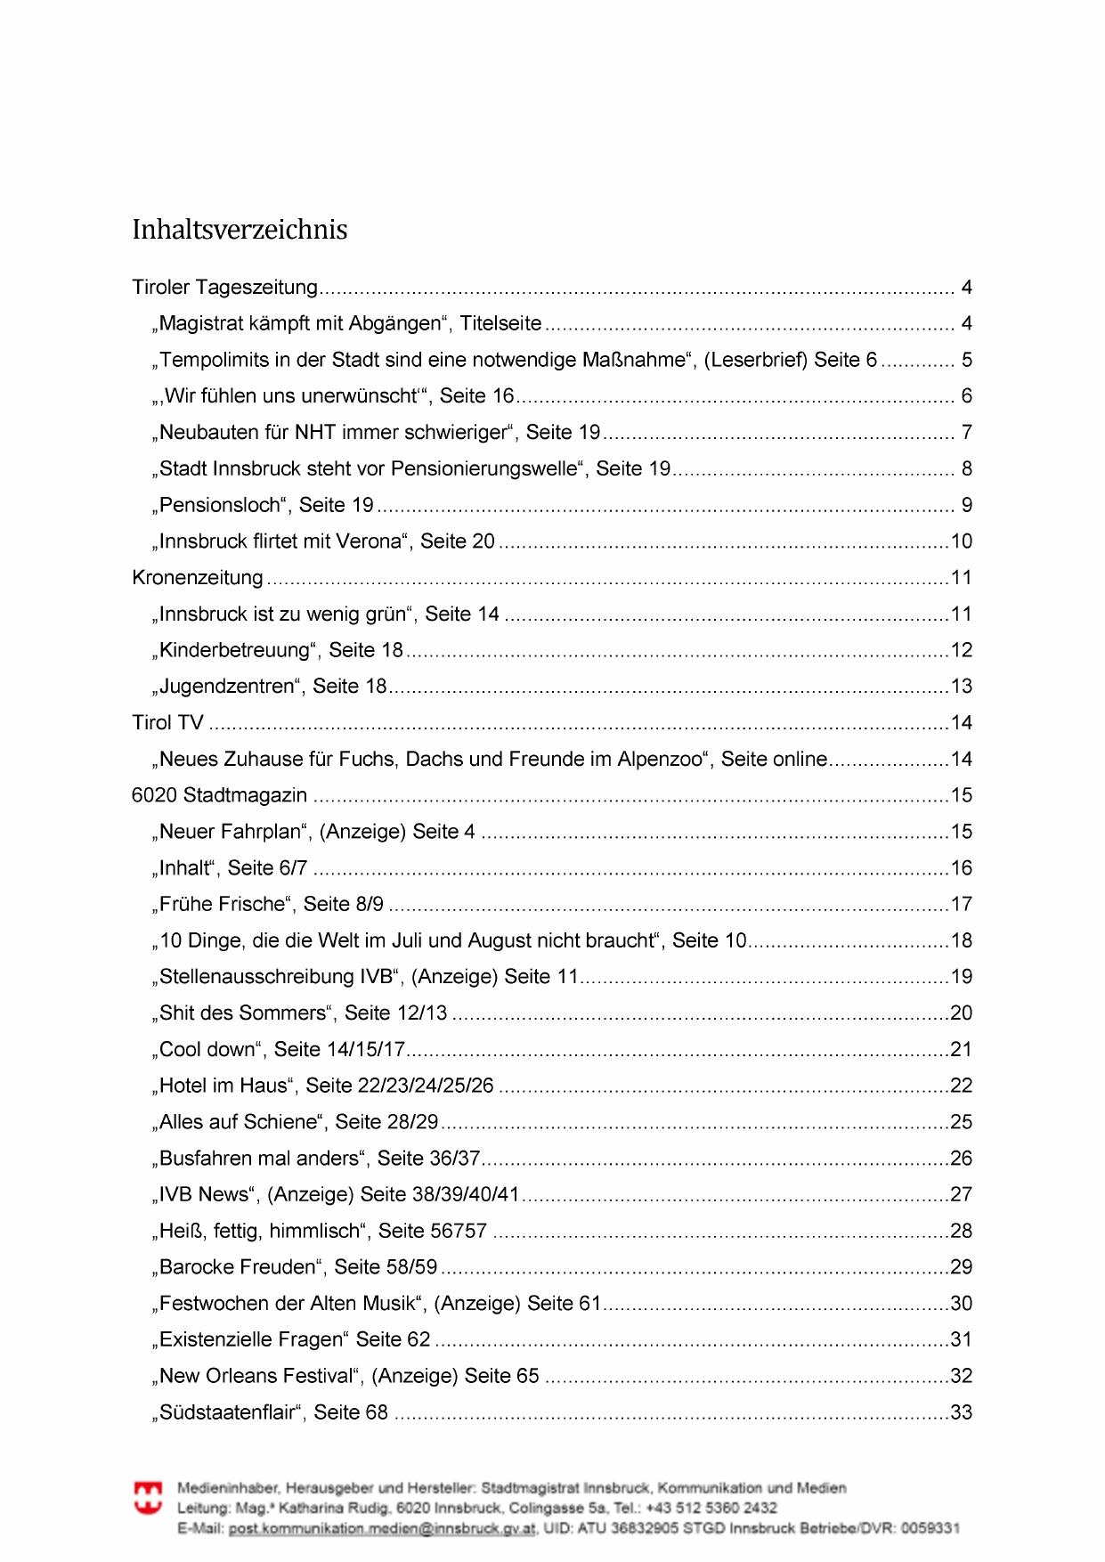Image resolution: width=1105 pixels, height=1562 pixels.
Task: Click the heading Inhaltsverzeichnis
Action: pyautogui.click(x=240, y=230)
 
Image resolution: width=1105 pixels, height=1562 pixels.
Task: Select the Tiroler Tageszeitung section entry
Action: pyautogui.click(x=224, y=288)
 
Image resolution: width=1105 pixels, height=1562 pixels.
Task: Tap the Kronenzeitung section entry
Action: pyautogui.click(x=198, y=578)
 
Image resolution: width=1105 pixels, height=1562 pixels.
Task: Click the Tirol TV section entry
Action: pyautogui.click(x=167, y=723)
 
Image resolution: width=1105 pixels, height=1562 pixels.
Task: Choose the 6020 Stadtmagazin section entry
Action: pyautogui.click(x=219, y=795)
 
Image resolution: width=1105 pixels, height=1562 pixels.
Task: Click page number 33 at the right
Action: pyautogui.click(x=962, y=1412)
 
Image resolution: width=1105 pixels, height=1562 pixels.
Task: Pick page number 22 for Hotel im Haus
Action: pyautogui.click(x=962, y=1086)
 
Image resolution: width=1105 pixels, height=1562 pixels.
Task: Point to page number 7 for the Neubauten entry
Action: pyautogui.click(x=967, y=433)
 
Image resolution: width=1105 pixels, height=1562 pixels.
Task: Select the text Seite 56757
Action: pyautogui.click(x=433, y=1231)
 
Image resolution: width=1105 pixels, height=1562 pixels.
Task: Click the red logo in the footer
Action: pyautogui.click(x=148, y=1498)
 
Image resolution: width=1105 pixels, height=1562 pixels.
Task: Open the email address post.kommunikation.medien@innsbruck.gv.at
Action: pyautogui.click(x=382, y=1529)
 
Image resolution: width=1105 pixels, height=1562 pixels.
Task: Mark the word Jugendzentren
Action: pyautogui.click(x=226, y=687)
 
